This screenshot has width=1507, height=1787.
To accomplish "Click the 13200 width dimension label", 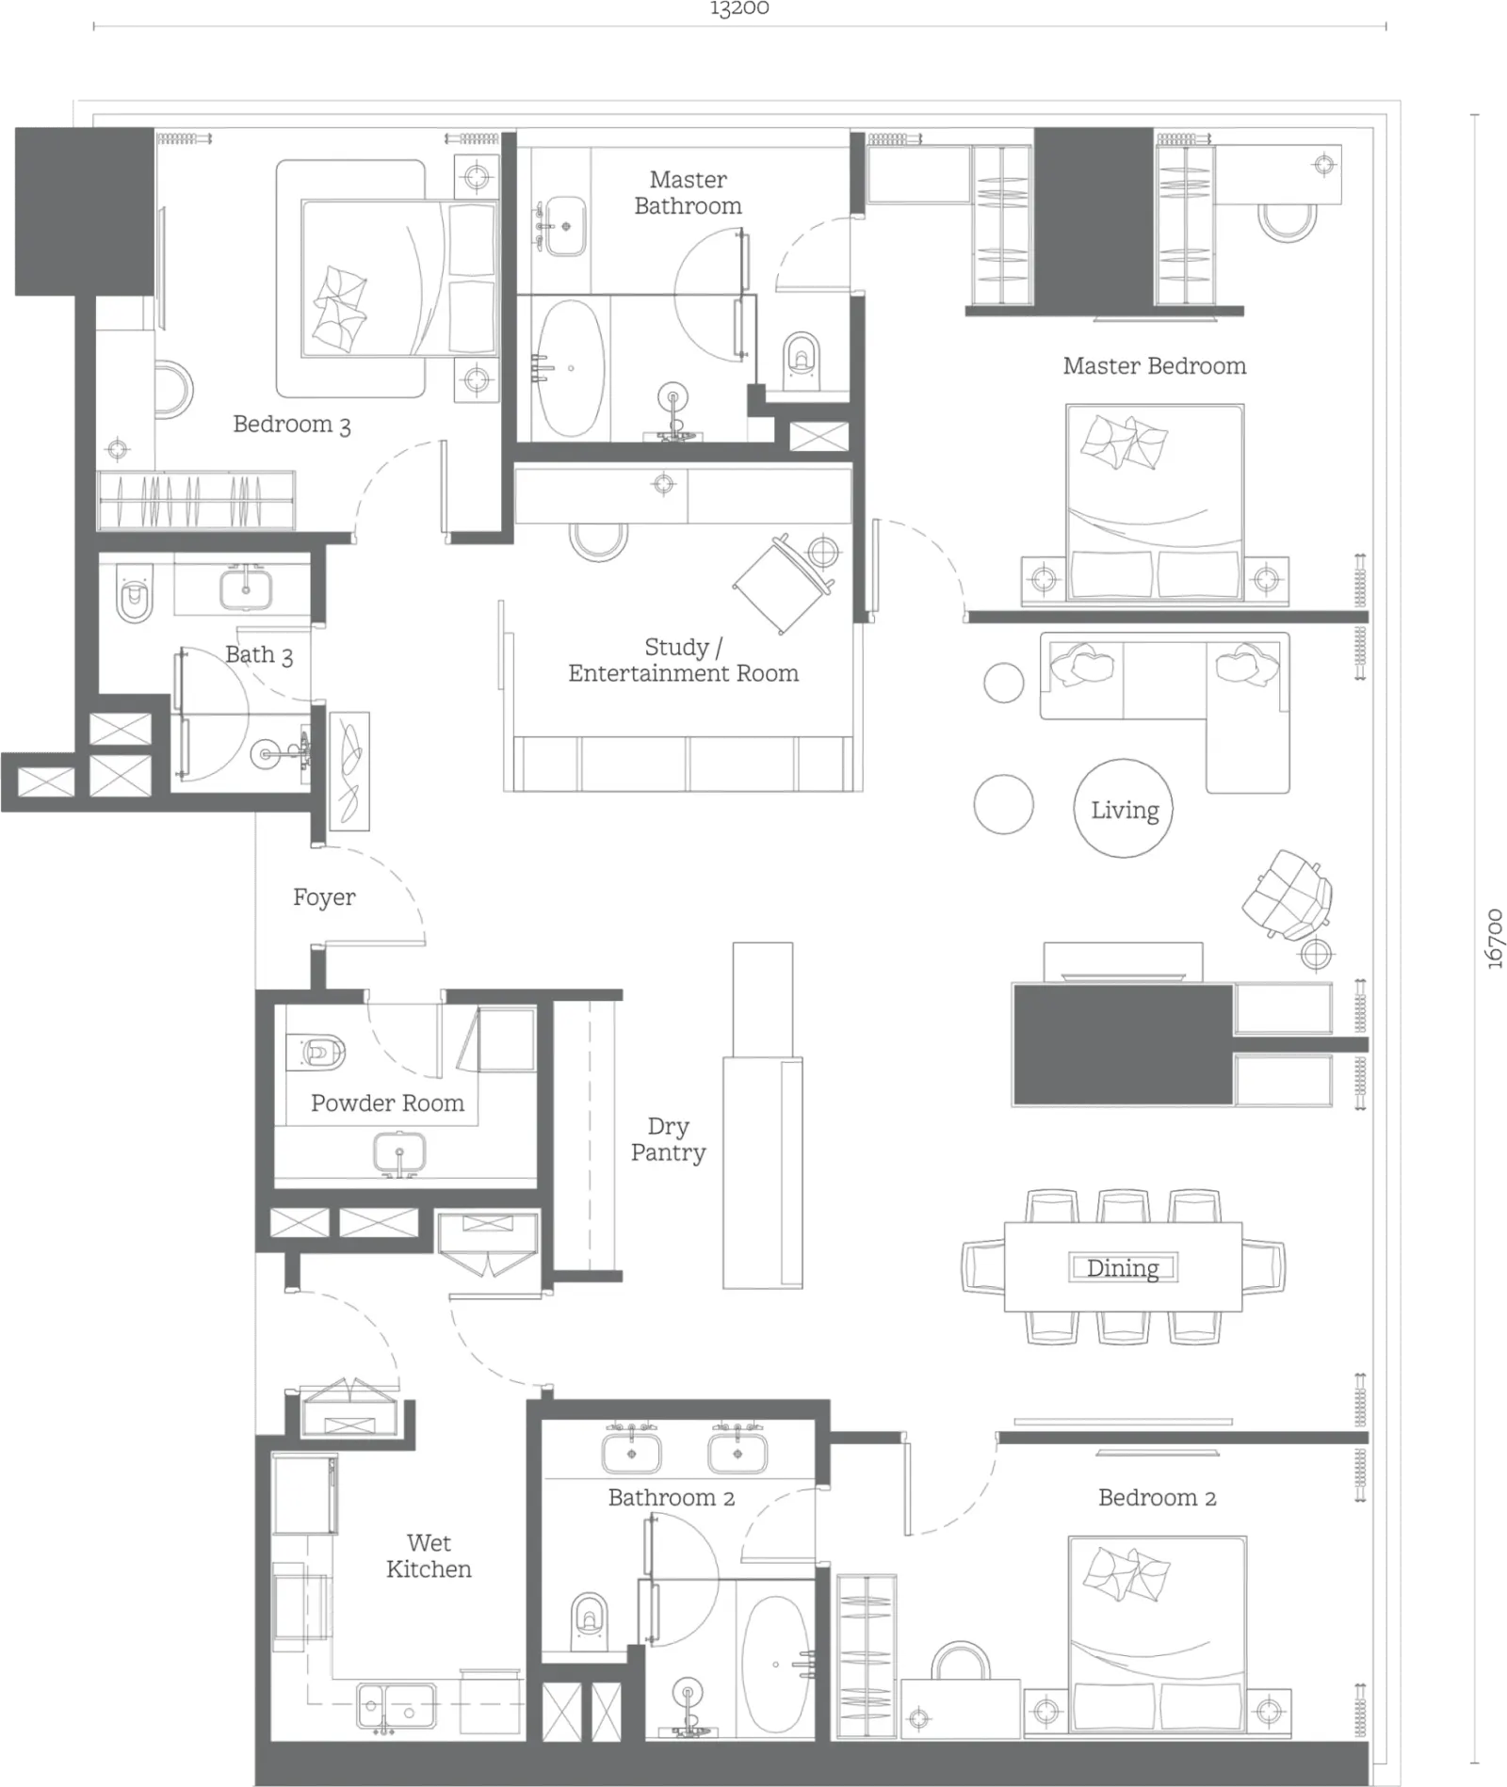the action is [x=739, y=8].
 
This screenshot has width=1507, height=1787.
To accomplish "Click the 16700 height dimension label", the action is [x=1495, y=939].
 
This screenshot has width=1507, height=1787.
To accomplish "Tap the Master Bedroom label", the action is [x=1154, y=365].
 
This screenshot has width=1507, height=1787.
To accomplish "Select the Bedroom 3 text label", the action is [x=292, y=425].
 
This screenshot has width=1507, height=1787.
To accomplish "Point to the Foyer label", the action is [x=324, y=897].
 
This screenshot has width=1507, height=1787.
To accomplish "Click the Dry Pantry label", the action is [x=669, y=1139].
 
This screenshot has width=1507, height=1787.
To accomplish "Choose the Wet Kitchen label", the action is [x=429, y=1555].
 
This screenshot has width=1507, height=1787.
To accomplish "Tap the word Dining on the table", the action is [x=1123, y=1268].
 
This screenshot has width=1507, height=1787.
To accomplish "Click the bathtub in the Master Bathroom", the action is [x=571, y=368].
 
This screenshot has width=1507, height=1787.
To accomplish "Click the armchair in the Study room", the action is [x=784, y=583].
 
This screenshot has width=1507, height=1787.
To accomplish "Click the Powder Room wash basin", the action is [x=399, y=1153].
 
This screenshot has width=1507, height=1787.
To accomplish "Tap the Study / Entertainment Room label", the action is [x=684, y=660].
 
